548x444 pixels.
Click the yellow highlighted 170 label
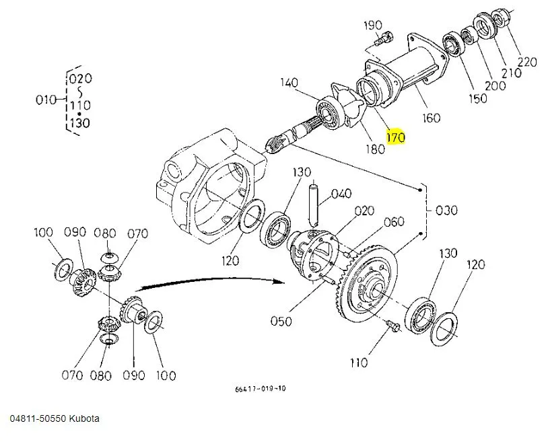[395, 137]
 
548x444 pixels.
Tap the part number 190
[373, 26]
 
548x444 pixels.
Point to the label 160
[431, 118]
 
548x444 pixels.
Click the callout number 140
[289, 83]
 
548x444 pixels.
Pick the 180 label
[375, 148]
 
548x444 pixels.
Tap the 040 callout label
[342, 194]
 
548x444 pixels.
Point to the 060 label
[394, 222]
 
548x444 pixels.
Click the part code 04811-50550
[38, 418]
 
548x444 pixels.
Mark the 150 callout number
[477, 98]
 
